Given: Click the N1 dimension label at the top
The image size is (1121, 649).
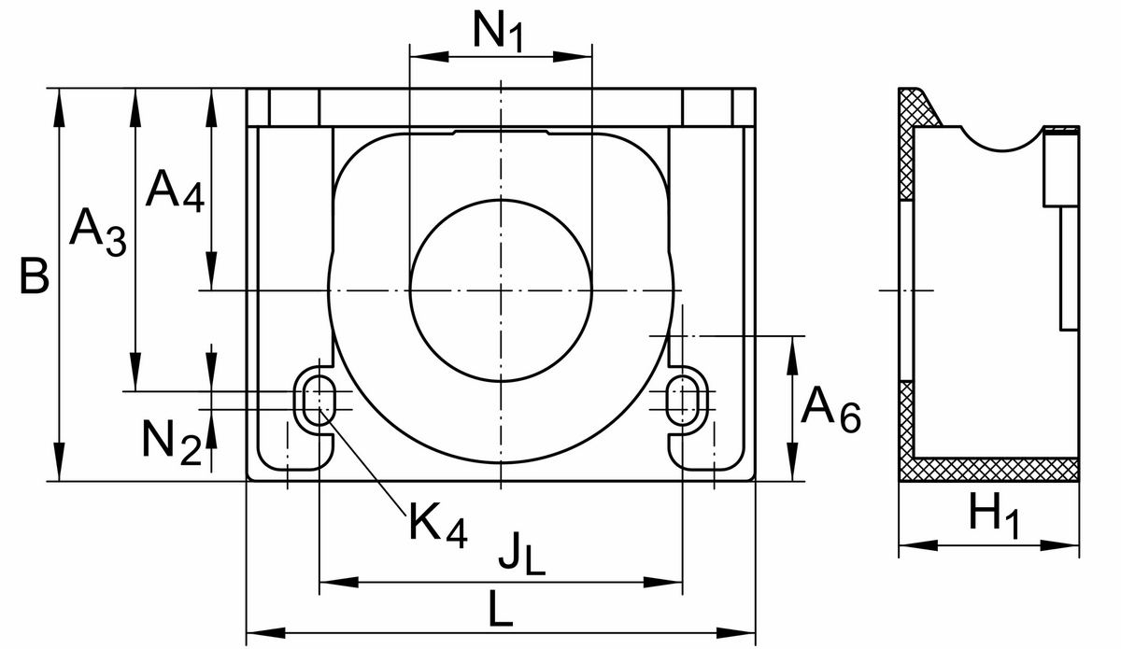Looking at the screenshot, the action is click(x=499, y=31).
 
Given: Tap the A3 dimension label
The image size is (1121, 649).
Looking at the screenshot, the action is click(x=98, y=233).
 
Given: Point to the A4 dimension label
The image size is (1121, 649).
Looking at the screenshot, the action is click(x=175, y=191).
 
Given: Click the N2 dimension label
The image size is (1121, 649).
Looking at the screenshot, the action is click(x=172, y=442).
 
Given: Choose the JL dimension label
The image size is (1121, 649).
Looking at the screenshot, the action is click(x=521, y=553).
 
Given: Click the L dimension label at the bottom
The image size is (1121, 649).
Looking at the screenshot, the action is click(x=501, y=609).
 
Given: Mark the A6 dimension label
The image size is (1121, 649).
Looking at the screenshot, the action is click(x=830, y=409).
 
